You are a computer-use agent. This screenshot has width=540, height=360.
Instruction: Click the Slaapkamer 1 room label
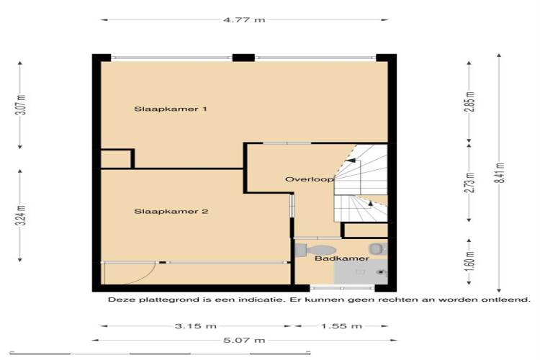171,109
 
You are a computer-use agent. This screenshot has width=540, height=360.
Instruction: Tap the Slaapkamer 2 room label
171,212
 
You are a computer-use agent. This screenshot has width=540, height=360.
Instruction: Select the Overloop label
310,179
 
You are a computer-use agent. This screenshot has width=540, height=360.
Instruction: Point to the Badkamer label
341,258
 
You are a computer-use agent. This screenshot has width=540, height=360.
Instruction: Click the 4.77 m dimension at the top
244,19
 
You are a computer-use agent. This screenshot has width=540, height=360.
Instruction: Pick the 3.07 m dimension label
22,104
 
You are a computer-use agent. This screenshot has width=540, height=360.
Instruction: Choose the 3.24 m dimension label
22,215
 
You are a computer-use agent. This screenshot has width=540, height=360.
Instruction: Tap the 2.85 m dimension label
470,102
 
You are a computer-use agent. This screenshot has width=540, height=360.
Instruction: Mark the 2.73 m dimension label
470,183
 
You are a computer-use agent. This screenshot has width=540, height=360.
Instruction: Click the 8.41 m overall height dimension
500,173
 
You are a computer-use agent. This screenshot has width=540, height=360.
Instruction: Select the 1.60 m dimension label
470,261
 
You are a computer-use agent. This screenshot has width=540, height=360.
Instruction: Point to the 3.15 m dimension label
196,326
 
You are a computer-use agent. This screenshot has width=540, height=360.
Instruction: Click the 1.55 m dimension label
341,326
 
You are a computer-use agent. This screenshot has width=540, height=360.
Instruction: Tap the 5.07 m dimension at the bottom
244,341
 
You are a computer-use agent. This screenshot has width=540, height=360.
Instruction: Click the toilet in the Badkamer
315,250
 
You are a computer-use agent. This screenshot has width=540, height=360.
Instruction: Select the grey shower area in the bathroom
361,272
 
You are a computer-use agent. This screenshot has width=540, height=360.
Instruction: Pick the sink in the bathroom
378,248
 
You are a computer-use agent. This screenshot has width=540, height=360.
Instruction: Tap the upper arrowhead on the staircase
351,160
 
